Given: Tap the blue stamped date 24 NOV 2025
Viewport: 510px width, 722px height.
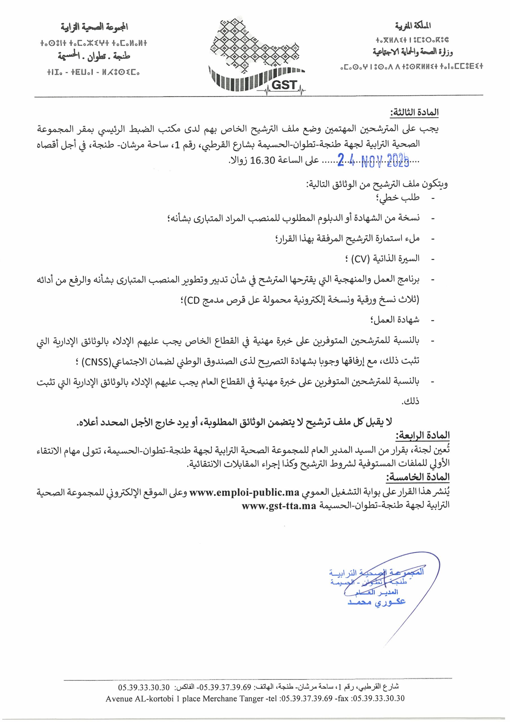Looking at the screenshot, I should tap(373, 161).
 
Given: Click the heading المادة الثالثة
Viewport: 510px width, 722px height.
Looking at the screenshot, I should tap(414, 113).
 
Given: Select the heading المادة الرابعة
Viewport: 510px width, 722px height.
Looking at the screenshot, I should tap(422, 435).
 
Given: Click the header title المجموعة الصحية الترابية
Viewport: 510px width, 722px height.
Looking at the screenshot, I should tap(94, 27).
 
